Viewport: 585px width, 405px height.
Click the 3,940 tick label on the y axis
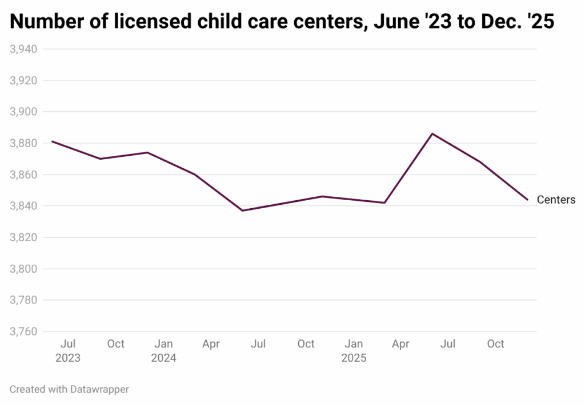pyautogui.click(x=23, y=49)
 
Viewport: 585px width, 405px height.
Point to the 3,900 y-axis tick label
pyautogui.click(x=23, y=112)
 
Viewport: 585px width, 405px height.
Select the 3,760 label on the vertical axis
pyautogui.click(x=23, y=331)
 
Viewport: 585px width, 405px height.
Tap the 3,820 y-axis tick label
pyautogui.click(x=23, y=237)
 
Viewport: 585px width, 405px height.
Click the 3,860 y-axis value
pyautogui.click(x=23, y=175)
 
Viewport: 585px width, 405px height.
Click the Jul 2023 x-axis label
pyautogui.click(x=68, y=351)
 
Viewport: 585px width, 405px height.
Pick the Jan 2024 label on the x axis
pyautogui.click(x=164, y=351)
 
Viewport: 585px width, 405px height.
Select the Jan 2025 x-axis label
pyautogui.click(x=354, y=351)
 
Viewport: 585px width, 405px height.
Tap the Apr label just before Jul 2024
pyautogui.click(x=211, y=344)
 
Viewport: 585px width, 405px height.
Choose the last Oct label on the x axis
pyautogui.click(x=495, y=344)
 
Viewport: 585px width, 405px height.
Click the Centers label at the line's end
pyautogui.click(x=556, y=200)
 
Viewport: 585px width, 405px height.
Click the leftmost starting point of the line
pyautogui.click(x=52, y=141)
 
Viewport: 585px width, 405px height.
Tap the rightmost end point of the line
pyautogui.click(x=527, y=200)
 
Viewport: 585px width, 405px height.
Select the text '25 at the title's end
pyautogui.click(x=541, y=22)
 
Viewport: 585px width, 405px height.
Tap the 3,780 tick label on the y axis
pyautogui.click(x=23, y=300)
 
